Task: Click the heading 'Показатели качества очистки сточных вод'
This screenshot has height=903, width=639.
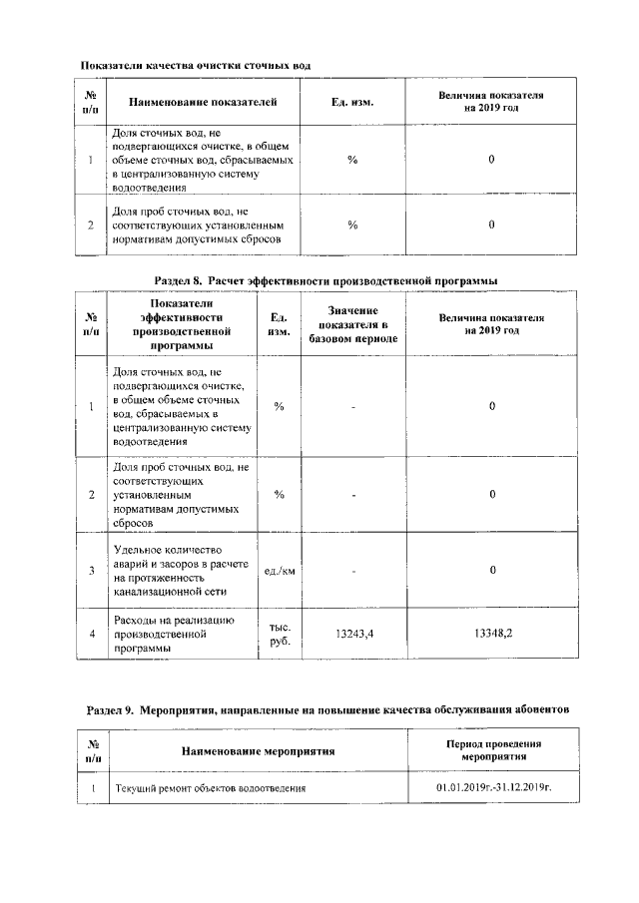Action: (x=195, y=65)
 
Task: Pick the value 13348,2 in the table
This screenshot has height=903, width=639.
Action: (x=492, y=634)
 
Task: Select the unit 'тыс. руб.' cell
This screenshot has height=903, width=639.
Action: (x=280, y=635)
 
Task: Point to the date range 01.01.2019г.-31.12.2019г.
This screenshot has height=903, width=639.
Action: (x=493, y=788)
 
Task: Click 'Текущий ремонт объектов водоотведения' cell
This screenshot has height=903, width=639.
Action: (x=210, y=788)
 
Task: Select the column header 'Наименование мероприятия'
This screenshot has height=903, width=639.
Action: (x=258, y=750)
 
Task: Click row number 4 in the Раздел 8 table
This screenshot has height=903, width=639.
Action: (x=91, y=635)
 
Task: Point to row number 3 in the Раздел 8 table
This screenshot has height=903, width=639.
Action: (x=91, y=571)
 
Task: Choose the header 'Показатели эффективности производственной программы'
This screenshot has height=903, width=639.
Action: (x=181, y=324)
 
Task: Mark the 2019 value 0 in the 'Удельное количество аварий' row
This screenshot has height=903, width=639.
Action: (x=492, y=571)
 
